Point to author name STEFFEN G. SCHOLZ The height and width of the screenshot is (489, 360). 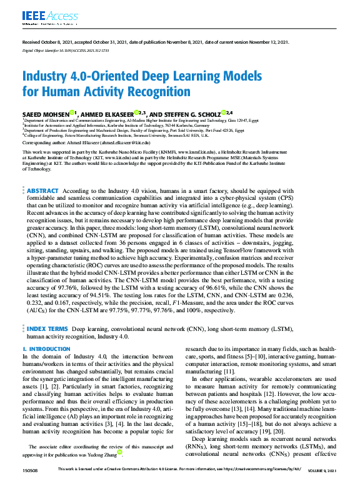[x=194, y=114]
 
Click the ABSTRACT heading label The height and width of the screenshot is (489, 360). [x=42, y=190]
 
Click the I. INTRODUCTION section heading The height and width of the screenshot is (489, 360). [x=46, y=348]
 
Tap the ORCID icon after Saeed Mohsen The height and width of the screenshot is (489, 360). [x=72, y=112]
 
